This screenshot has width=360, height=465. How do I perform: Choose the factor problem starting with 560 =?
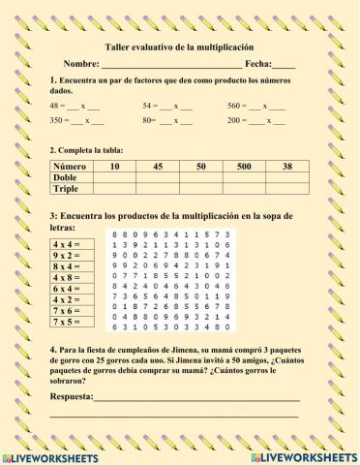coord(254,104)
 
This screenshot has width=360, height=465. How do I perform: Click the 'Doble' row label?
coord(65,178)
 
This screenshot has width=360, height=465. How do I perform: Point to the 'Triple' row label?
coord(66,189)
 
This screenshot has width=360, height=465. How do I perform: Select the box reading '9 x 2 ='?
coord(67,257)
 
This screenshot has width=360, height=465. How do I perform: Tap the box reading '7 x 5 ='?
coord(67,321)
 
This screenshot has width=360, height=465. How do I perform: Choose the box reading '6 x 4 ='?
coord(67,289)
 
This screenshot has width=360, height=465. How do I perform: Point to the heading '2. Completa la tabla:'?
coord(90,151)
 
